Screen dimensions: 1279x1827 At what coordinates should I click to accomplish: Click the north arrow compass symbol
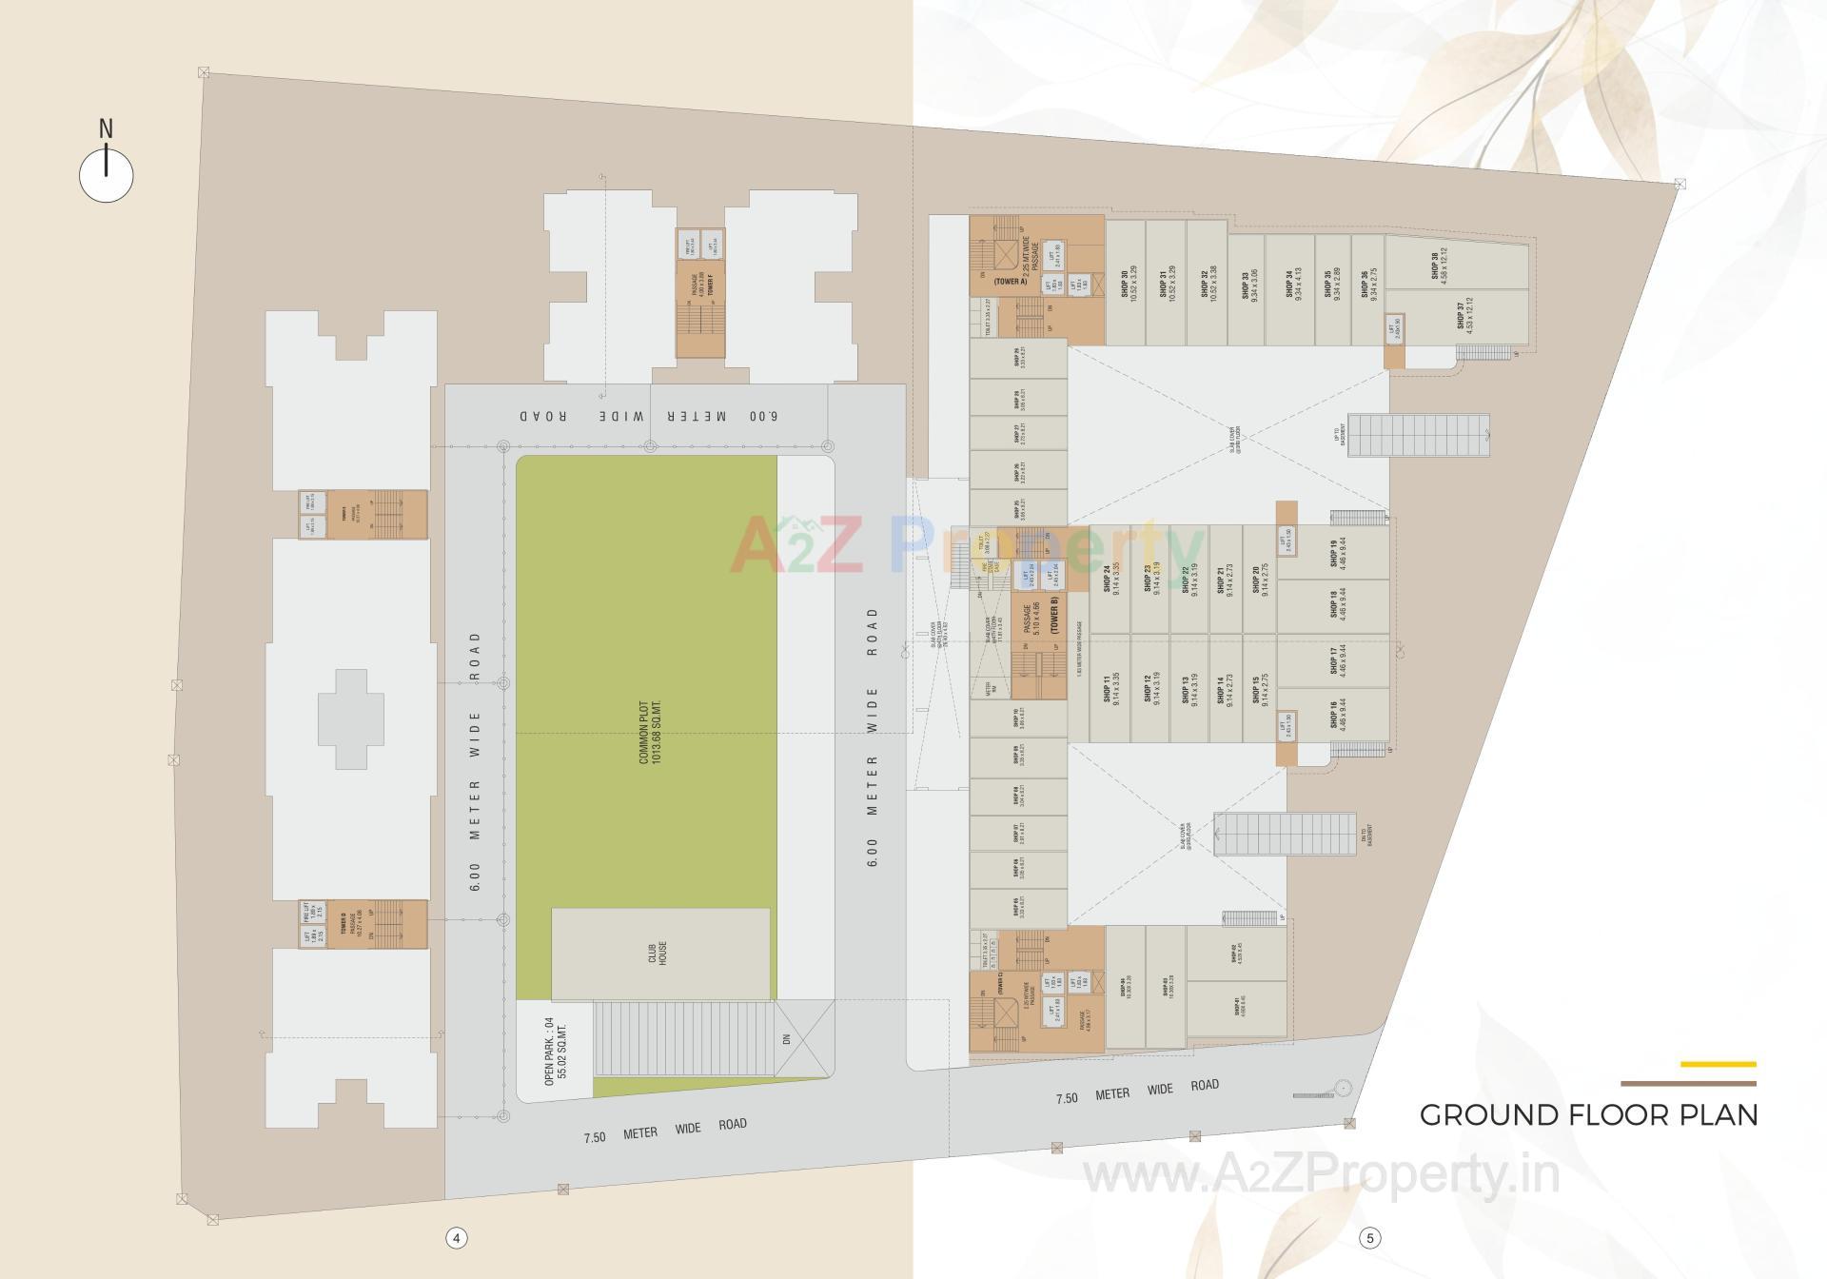point(106,173)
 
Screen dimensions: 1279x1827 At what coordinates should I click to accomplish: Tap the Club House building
point(660,954)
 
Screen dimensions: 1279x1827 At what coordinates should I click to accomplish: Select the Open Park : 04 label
point(555,1051)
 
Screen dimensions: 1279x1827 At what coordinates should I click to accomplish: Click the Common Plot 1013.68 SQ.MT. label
point(649,733)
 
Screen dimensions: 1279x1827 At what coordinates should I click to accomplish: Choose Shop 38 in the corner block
point(1439,265)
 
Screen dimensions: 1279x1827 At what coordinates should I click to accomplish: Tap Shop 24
point(1110,579)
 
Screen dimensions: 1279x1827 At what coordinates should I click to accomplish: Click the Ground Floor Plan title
point(1588,1114)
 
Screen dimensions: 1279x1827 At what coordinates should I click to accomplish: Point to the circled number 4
point(457,1238)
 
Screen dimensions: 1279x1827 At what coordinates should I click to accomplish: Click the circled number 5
point(1370,1238)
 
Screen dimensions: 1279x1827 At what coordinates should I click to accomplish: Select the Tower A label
point(1012,282)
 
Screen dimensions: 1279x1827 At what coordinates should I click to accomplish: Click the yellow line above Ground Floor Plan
point(1718,1064)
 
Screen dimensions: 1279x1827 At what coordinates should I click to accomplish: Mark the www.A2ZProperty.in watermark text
point(1322,1176)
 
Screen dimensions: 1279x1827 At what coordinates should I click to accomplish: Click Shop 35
point(1330,284)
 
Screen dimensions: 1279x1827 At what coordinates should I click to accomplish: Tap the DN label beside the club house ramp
point(786,1039)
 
